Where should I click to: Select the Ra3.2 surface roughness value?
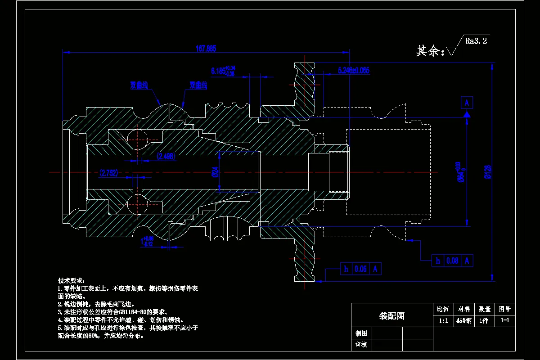coord(476,41)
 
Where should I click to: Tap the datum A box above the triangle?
coord(467,103)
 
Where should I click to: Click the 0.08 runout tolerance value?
coord(452,261)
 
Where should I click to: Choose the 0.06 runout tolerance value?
coord(361,269)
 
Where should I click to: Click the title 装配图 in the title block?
coord(391,316)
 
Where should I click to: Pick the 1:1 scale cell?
coord(443,321)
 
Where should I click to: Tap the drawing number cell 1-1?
coord(505,321)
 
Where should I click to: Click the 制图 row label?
coord(361,333)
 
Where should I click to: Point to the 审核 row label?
coord(361,345)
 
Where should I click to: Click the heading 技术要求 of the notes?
coord(68,280)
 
